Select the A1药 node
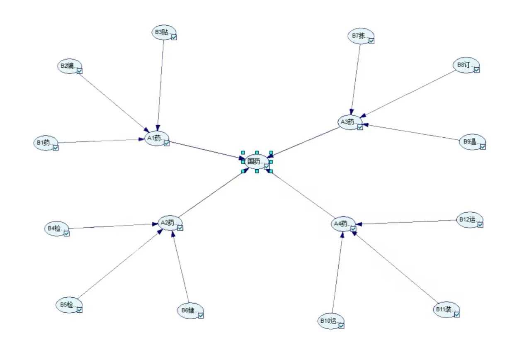155,139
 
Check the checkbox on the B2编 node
80,71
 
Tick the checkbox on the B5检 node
80,309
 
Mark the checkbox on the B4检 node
67,233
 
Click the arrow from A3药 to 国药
305,142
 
